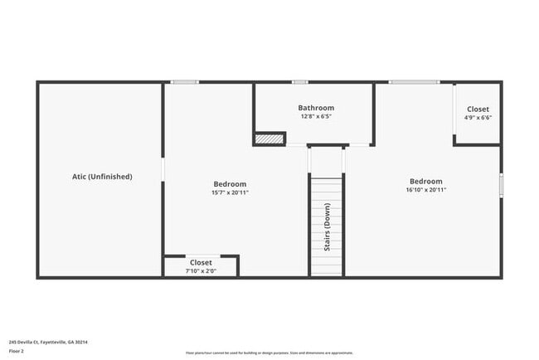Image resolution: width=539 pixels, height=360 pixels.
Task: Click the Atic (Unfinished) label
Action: coord(102,177)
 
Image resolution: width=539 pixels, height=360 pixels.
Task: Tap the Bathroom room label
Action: coord(316,108)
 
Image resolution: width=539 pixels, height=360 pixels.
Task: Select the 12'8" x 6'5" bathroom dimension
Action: coord(316,117)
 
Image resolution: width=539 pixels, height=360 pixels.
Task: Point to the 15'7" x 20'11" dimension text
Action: coord(230,192)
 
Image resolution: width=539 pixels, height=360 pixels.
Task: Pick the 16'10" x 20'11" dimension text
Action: coord(425,190)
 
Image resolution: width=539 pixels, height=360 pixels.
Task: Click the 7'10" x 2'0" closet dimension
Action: coord(201,270)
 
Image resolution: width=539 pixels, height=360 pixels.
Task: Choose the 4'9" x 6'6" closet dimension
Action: coord(478,118)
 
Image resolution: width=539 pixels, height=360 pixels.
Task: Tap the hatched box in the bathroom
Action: coord(269,139)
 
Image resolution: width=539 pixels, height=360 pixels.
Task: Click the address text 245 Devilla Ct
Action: coord(48,342)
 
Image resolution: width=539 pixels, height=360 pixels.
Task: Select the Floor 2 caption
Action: coord(17,351)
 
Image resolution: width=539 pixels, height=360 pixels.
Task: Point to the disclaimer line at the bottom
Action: coord(270,353)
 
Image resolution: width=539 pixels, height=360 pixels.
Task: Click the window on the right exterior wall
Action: coord(501,185)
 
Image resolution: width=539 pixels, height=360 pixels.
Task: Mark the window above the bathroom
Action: coord(300,81)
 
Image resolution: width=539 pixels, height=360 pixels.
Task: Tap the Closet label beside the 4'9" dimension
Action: coord(478,109)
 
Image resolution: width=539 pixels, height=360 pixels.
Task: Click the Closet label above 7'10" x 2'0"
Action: coord(201,262)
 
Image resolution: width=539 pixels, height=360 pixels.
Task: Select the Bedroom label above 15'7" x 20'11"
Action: coord(230,184)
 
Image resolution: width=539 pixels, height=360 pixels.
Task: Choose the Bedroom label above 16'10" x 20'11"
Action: coord(425,181)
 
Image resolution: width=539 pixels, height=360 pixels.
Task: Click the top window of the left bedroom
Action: coord(185,81)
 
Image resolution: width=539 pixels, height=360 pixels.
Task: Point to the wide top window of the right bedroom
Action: coord(414,81)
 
